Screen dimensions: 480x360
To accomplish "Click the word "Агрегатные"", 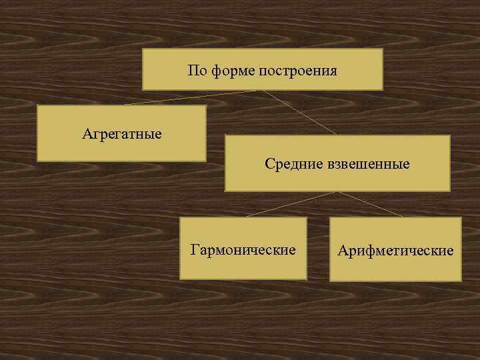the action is [122, 134].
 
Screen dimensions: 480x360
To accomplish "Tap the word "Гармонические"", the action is [243, 250].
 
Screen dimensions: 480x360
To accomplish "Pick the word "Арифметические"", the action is [395, 251].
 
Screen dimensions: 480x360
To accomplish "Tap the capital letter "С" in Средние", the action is [269, 163].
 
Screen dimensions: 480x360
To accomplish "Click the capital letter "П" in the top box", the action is [193, 70].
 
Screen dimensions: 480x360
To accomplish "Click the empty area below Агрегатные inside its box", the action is [122, 151].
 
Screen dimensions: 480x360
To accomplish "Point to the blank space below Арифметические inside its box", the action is [395, 269].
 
